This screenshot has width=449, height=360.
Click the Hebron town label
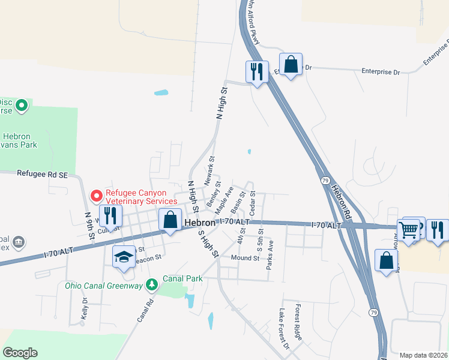199,222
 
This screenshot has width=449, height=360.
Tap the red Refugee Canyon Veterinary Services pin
96,196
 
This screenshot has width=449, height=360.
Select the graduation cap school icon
124,258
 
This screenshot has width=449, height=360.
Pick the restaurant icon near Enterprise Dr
257,72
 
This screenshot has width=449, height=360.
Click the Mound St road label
245,258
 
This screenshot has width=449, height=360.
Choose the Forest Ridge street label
298,322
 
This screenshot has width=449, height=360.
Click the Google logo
20,353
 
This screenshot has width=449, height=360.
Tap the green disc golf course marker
22,106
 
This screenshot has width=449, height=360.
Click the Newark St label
211,172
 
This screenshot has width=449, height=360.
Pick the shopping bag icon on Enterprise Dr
291,65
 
